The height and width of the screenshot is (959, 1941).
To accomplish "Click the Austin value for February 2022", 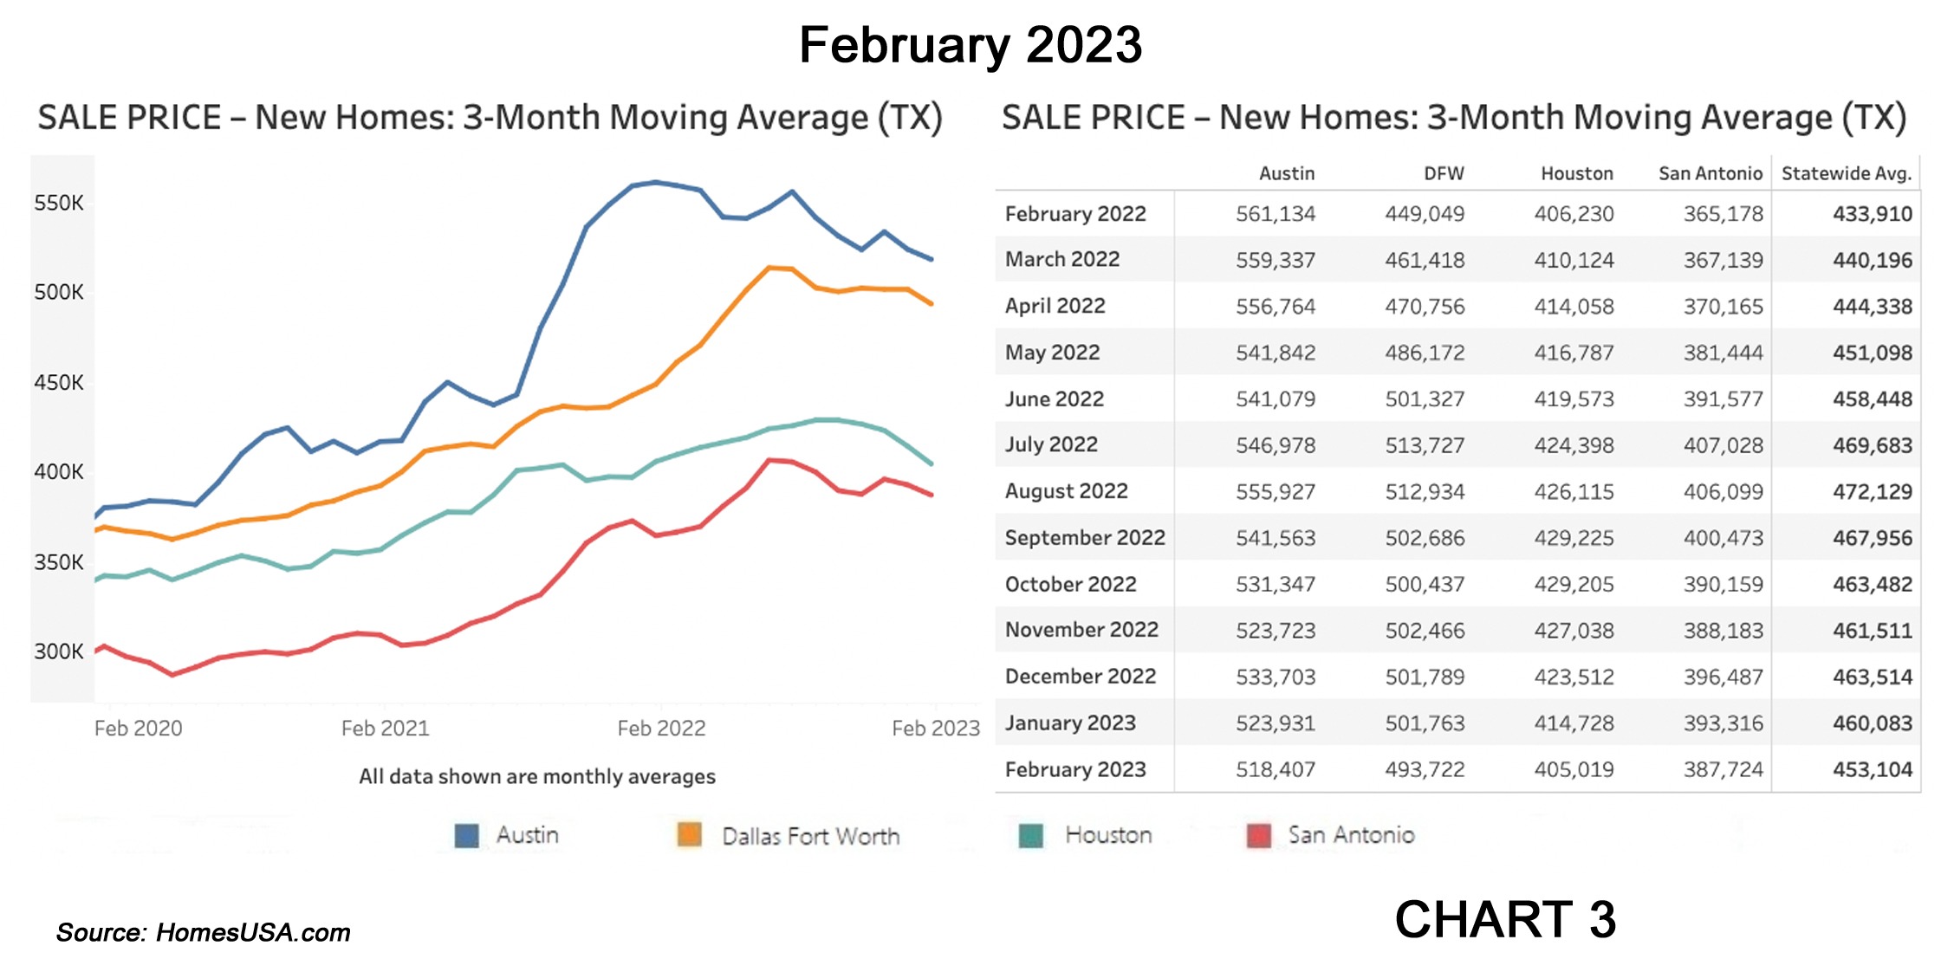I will coord(1275,214).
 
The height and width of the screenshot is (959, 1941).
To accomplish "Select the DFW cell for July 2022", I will coord(1424,445).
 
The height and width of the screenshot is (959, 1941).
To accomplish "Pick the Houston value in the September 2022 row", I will coord(1574,538).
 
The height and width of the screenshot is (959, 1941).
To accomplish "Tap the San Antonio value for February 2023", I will coord(1723,769).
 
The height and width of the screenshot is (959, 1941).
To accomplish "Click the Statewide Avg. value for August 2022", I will coord(1872,492).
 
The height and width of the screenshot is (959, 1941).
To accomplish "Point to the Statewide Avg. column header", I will coord(1846,173).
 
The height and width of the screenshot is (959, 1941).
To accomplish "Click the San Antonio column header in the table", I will coord(1710,173).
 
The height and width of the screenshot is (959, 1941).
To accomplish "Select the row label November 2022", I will coord(1081,630).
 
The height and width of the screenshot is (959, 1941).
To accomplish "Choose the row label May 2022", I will coord(1052,353).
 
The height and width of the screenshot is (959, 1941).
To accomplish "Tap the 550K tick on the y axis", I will coord(59,204).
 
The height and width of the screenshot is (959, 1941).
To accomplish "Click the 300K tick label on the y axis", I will coord(59,651).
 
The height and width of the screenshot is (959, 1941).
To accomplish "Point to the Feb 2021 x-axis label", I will coord(385,729).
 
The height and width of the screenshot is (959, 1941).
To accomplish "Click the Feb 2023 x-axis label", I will coord(935,729).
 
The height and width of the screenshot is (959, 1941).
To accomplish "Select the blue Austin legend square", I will coord(466,836).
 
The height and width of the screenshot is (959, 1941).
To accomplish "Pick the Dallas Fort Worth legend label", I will coord(810,837).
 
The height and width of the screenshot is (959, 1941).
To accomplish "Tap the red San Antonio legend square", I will coord(1258,836).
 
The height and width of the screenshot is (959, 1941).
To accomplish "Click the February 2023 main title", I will coord(970,45).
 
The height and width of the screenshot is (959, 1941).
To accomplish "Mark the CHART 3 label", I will coord(1505,919).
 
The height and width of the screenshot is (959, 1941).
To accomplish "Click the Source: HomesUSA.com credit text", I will coord(204,933).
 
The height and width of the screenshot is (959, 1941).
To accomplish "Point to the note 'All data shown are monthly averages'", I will coord(537,776).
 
